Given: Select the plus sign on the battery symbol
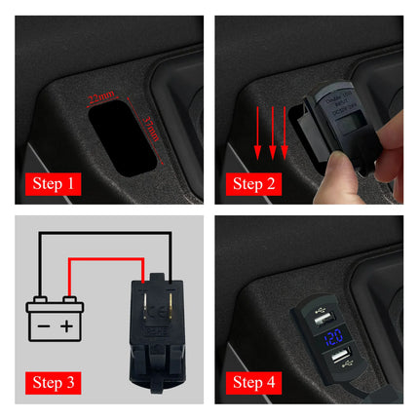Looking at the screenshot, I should [x=67, y=324].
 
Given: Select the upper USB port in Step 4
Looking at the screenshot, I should [x=325, y=317].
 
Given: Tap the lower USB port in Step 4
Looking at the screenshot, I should [x=340, y=362].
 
